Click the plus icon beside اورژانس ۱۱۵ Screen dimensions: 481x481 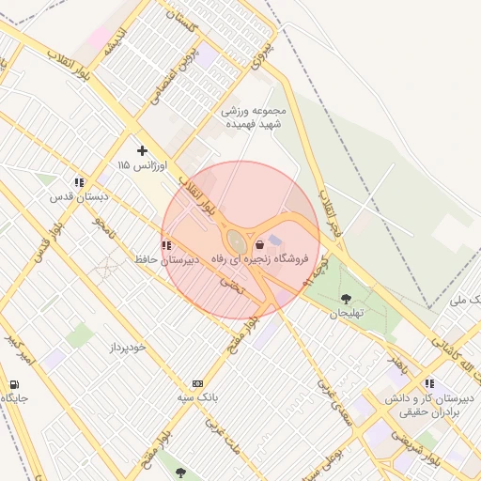point(142,150)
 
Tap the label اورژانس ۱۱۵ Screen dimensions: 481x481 point(142,165)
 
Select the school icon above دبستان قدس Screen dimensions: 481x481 point(80,183)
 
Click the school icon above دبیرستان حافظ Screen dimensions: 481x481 point(166,245)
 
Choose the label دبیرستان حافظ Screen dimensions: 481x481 point(164,259)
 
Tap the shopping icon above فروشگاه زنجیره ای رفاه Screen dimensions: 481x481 point(259,245)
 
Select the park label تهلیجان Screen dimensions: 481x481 point(346,314)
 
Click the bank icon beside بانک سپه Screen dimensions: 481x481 point(197,383)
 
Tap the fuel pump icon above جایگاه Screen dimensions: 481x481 point(14,384)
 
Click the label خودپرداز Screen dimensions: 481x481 point(127,347)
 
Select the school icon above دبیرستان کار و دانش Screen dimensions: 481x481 point(429,383)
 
